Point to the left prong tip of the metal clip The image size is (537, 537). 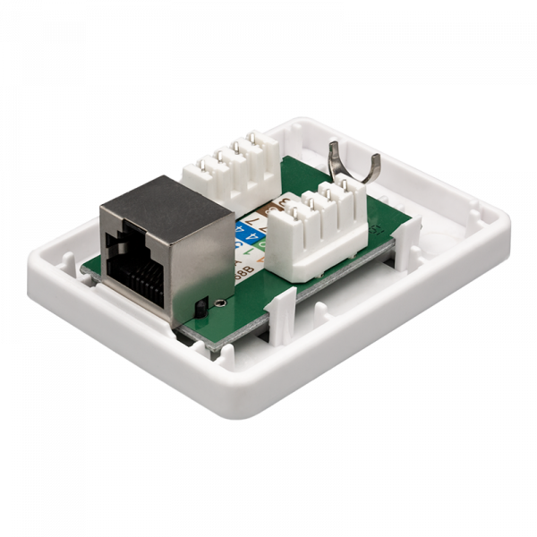(334, 144)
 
